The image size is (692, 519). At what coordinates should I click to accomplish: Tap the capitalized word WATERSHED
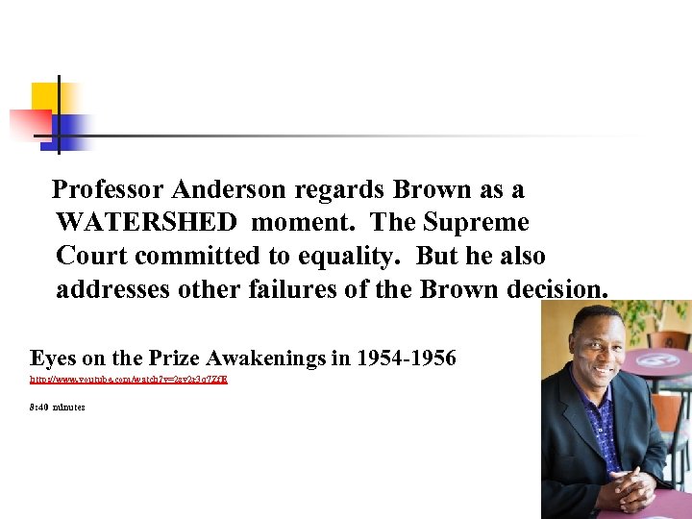[x=146, y=223]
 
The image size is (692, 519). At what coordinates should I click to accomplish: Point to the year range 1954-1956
[x=406, y=359]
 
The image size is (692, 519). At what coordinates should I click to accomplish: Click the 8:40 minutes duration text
[x=57, y=408]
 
